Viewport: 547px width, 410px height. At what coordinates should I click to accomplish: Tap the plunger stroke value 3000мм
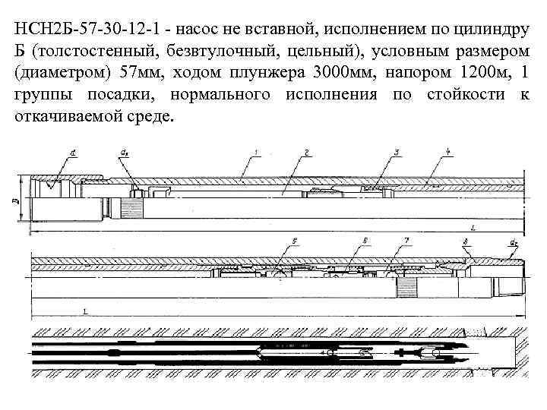click(365, 74)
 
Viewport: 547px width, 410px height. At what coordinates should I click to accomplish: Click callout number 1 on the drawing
click(257, 154)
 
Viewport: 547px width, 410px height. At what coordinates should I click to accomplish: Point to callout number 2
click(305, 154)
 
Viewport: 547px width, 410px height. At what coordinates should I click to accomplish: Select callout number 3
click(397, 154)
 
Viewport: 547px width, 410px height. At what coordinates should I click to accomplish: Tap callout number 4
click(449, 154)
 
